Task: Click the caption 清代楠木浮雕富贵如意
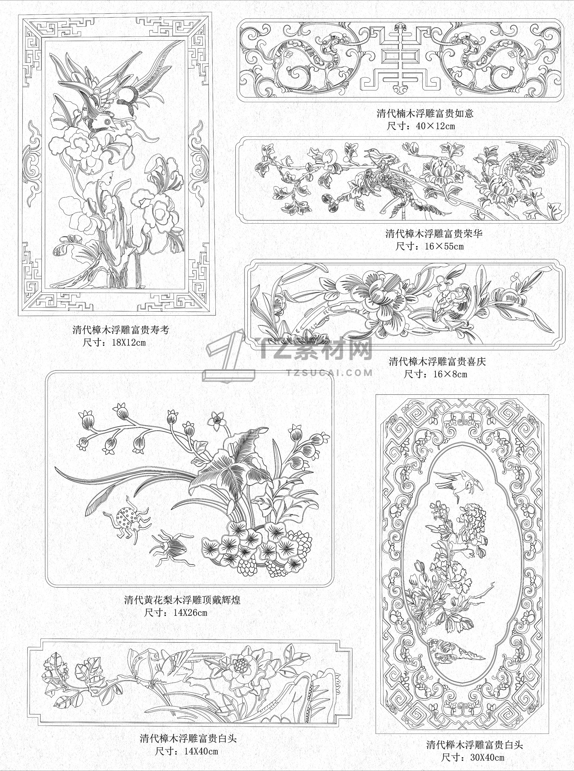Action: point(425,114)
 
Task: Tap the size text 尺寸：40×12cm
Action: point(421,126)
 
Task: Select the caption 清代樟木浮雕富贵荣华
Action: point(434,234)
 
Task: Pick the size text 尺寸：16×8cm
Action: point(436,374)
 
